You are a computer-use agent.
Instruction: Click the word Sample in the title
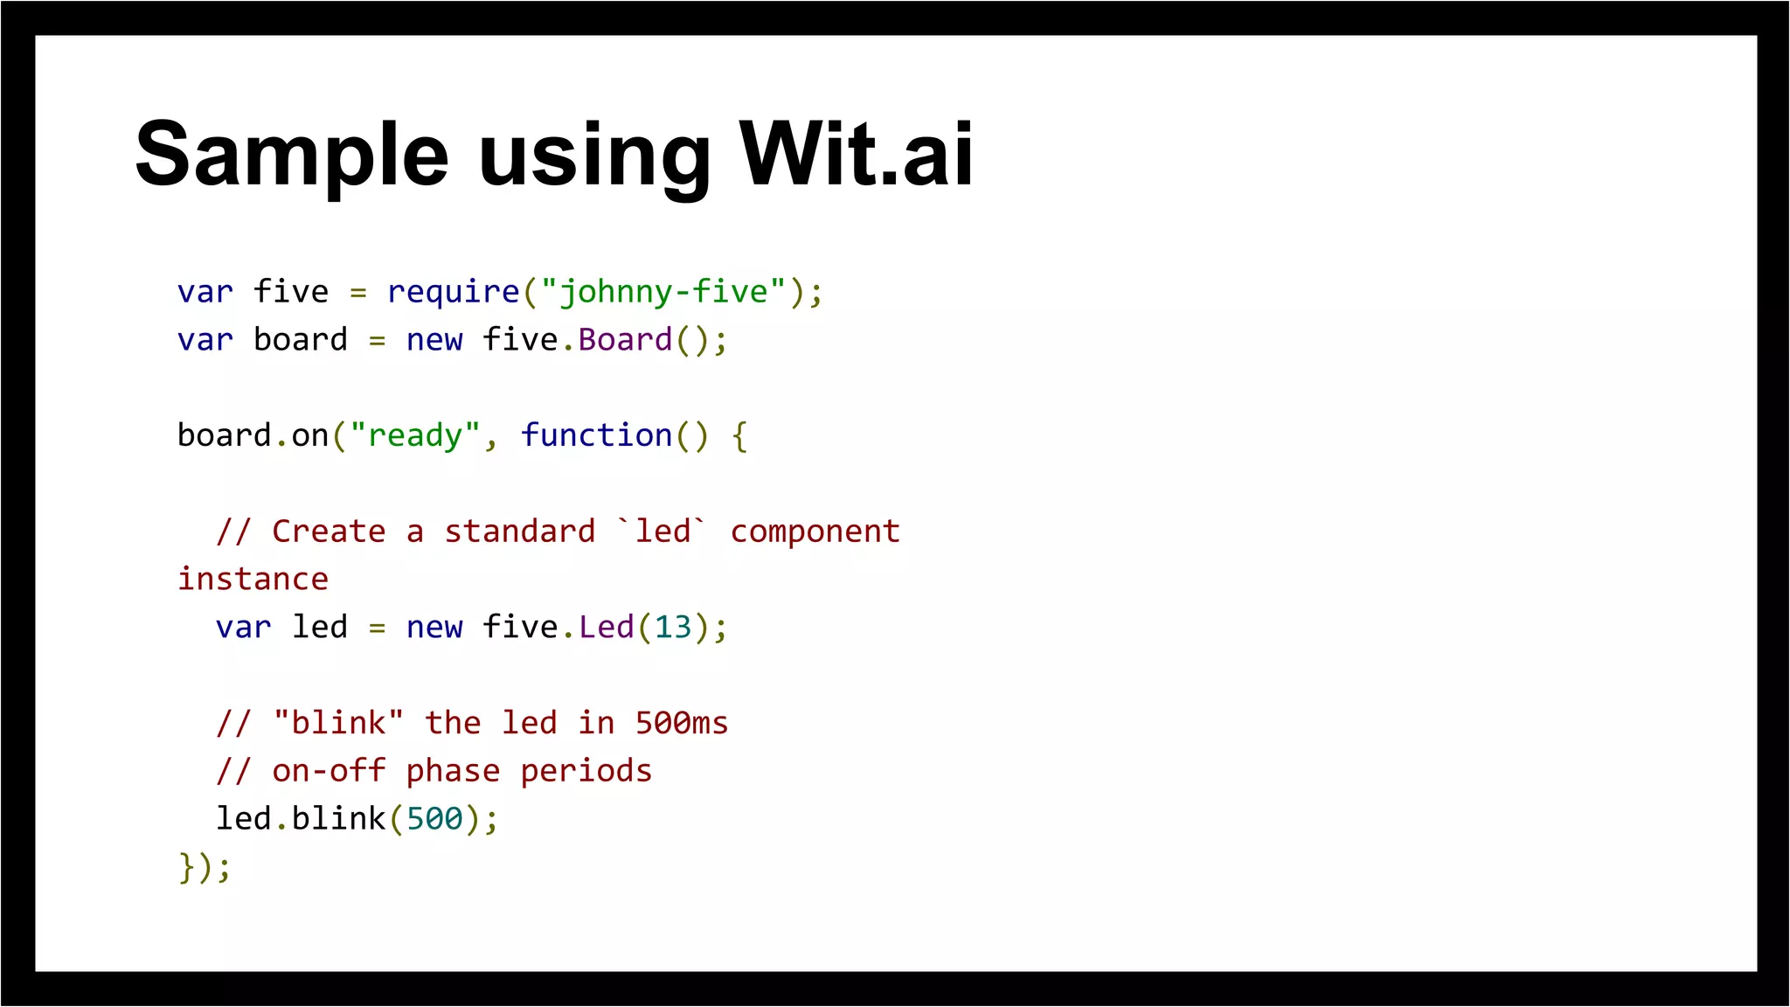coord(292,156)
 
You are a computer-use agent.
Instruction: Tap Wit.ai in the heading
coord(856,156)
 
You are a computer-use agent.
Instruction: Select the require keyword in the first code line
coord(453,292)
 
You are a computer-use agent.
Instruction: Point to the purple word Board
coord(625,340)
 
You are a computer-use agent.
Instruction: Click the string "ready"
coord(415,435)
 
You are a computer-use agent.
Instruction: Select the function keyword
coord(596,435)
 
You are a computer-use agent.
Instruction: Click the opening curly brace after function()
coord(739,436)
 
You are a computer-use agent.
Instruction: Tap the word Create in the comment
coord(329,531)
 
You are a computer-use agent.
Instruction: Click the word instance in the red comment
coord(253,580)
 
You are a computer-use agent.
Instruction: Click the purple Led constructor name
coord(606,628)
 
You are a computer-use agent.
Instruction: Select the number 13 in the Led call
coord(673,628)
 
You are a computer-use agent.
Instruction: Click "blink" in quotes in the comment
coord(338,723)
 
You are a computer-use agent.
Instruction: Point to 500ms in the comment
coord(681,723)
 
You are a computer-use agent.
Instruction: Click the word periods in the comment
coord(586,771)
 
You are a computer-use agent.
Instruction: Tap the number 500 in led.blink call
coord(434,819)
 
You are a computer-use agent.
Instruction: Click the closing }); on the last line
coord(205,867)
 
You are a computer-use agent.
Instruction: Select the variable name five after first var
coord(291,292)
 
